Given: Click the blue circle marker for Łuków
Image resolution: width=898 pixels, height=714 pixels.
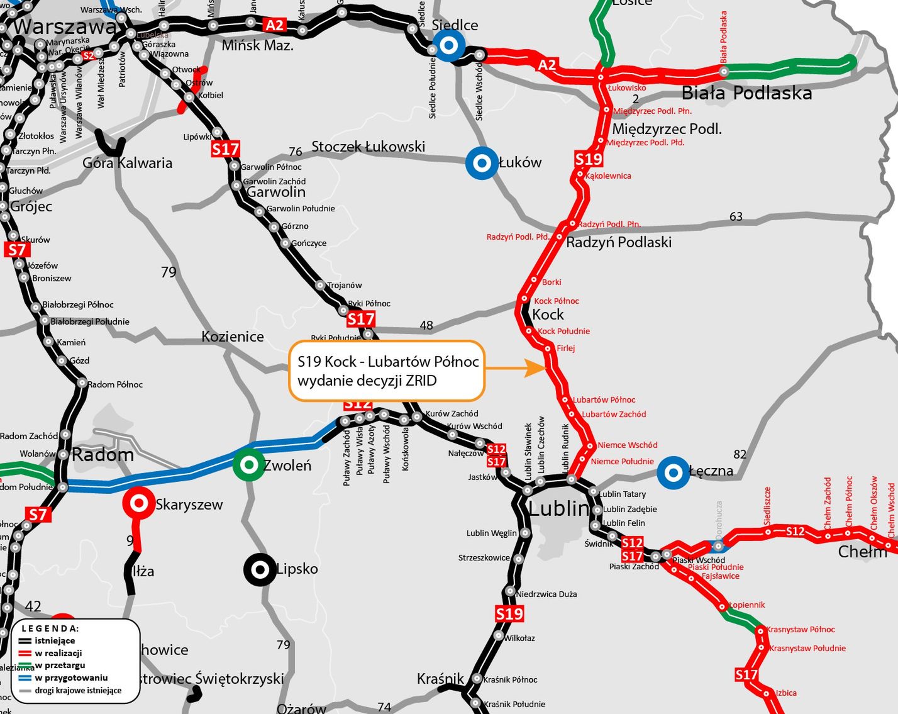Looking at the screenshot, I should click(482, 163).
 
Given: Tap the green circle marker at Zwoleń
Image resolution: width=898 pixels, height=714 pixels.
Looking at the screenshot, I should click(249, 465).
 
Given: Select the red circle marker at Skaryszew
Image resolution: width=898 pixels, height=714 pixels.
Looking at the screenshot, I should click(138, 503).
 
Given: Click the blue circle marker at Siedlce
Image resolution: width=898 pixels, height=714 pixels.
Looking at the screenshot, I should click(448, 46).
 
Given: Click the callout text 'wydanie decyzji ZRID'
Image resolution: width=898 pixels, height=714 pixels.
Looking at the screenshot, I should click(367, 380).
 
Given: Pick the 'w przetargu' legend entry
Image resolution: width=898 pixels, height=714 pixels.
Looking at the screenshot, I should click(60, 665).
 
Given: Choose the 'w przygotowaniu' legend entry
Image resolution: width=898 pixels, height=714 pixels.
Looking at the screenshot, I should click(71, 678).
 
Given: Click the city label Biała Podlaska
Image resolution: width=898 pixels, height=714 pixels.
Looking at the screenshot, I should click(746, 93).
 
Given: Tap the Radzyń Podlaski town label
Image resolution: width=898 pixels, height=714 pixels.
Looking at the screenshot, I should click(619, 242).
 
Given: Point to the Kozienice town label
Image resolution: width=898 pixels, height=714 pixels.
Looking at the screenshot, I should click(233, 337).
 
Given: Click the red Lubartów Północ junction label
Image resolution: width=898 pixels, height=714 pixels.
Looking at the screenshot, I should click(604, 399).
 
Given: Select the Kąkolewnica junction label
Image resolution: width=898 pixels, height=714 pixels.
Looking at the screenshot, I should click(607, 176).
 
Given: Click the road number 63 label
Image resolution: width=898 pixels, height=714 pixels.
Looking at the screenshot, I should click(736, 216).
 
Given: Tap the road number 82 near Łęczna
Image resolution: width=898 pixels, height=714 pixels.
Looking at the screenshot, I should click(740, 454).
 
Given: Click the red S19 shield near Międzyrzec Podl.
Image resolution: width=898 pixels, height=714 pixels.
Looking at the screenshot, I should click(589, 159).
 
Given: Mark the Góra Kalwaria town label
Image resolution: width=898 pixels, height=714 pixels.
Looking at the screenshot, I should click(128, 163).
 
